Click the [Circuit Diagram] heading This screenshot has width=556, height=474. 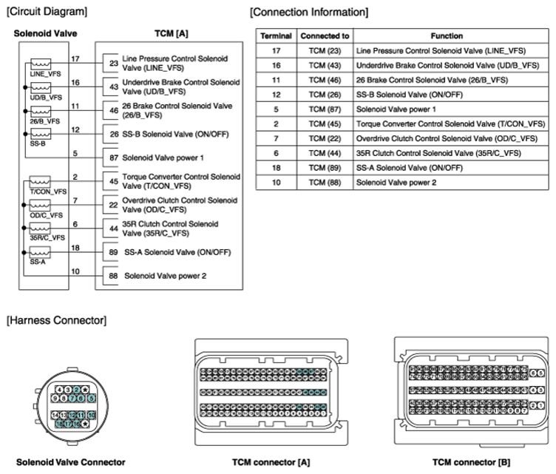point(47,12)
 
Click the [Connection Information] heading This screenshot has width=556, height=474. point(309,12)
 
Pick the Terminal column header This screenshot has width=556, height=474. point(277,35)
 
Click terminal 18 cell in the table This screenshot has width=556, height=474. point(276,168)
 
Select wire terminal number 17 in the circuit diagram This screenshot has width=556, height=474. point(75,58)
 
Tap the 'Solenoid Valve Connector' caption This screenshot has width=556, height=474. point(70,462)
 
